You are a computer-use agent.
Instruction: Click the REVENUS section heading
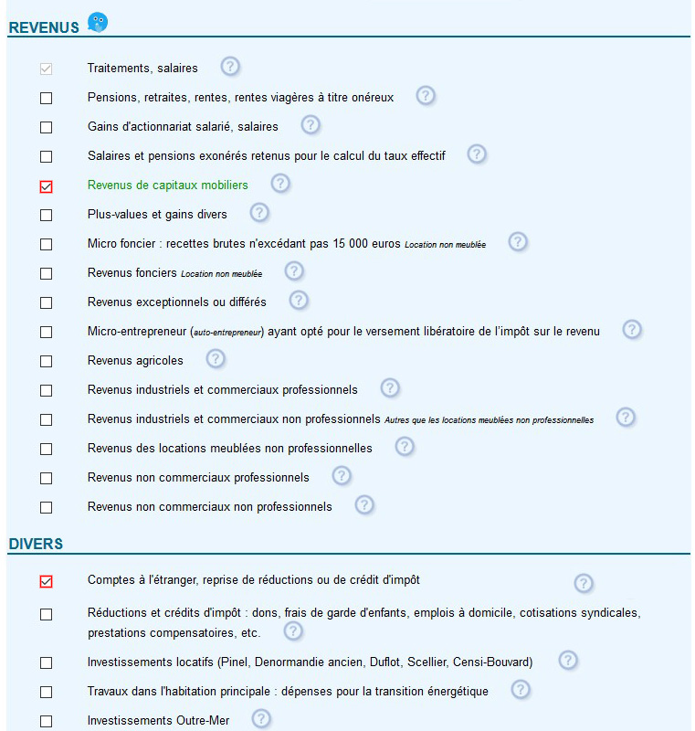(x=44, y=27)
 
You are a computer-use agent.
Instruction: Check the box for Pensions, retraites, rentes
(x=47, y=98)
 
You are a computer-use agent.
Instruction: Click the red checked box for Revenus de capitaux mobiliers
(x=47, y=185)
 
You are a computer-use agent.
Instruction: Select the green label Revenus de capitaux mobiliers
(x=167, y=185)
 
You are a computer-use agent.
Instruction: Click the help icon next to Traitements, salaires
(x=230, y=67)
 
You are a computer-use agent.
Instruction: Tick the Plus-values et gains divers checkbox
(x=47, y=215)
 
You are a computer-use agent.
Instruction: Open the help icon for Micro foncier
(x=518, y=242)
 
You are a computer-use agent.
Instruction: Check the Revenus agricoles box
(x=47, y=361)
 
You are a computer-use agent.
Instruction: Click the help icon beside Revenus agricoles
(x=216, y=359)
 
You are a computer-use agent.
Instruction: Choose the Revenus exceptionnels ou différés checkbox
(x=47, y=302)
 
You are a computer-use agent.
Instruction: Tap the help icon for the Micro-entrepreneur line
(x=632, y=330)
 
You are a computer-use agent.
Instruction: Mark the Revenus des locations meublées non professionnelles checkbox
(x=47, y=449)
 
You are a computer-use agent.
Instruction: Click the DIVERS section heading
(x=36, y=544)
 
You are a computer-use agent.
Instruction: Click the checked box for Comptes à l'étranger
(x=47, y=581)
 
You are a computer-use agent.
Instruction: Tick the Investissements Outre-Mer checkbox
(x=47, y=721)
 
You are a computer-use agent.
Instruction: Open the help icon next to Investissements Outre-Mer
(x=261, y=719)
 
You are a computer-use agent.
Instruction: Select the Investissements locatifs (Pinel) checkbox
(x=47, y=662)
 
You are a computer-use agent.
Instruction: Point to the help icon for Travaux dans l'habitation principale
(x=521, y=690)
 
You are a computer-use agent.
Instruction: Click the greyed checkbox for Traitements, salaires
(x=47, y=69)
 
